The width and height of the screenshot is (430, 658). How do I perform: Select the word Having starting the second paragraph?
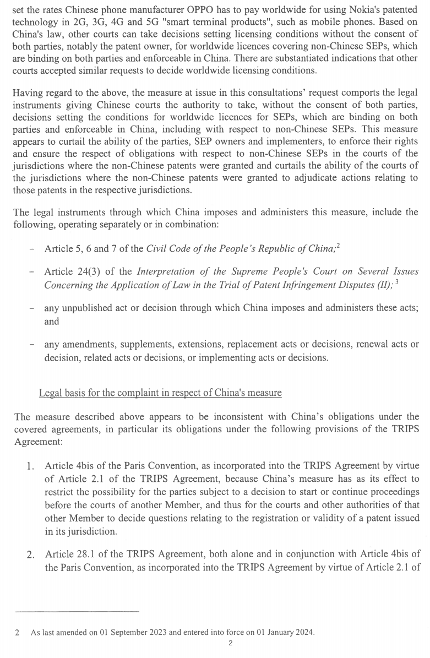click(x=29, y=93)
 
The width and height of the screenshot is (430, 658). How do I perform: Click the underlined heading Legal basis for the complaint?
click(x=160, y=393)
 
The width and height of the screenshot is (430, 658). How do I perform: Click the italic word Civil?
click(x=157, y=248)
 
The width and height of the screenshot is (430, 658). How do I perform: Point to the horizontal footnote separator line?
click(x=77, y=611)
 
